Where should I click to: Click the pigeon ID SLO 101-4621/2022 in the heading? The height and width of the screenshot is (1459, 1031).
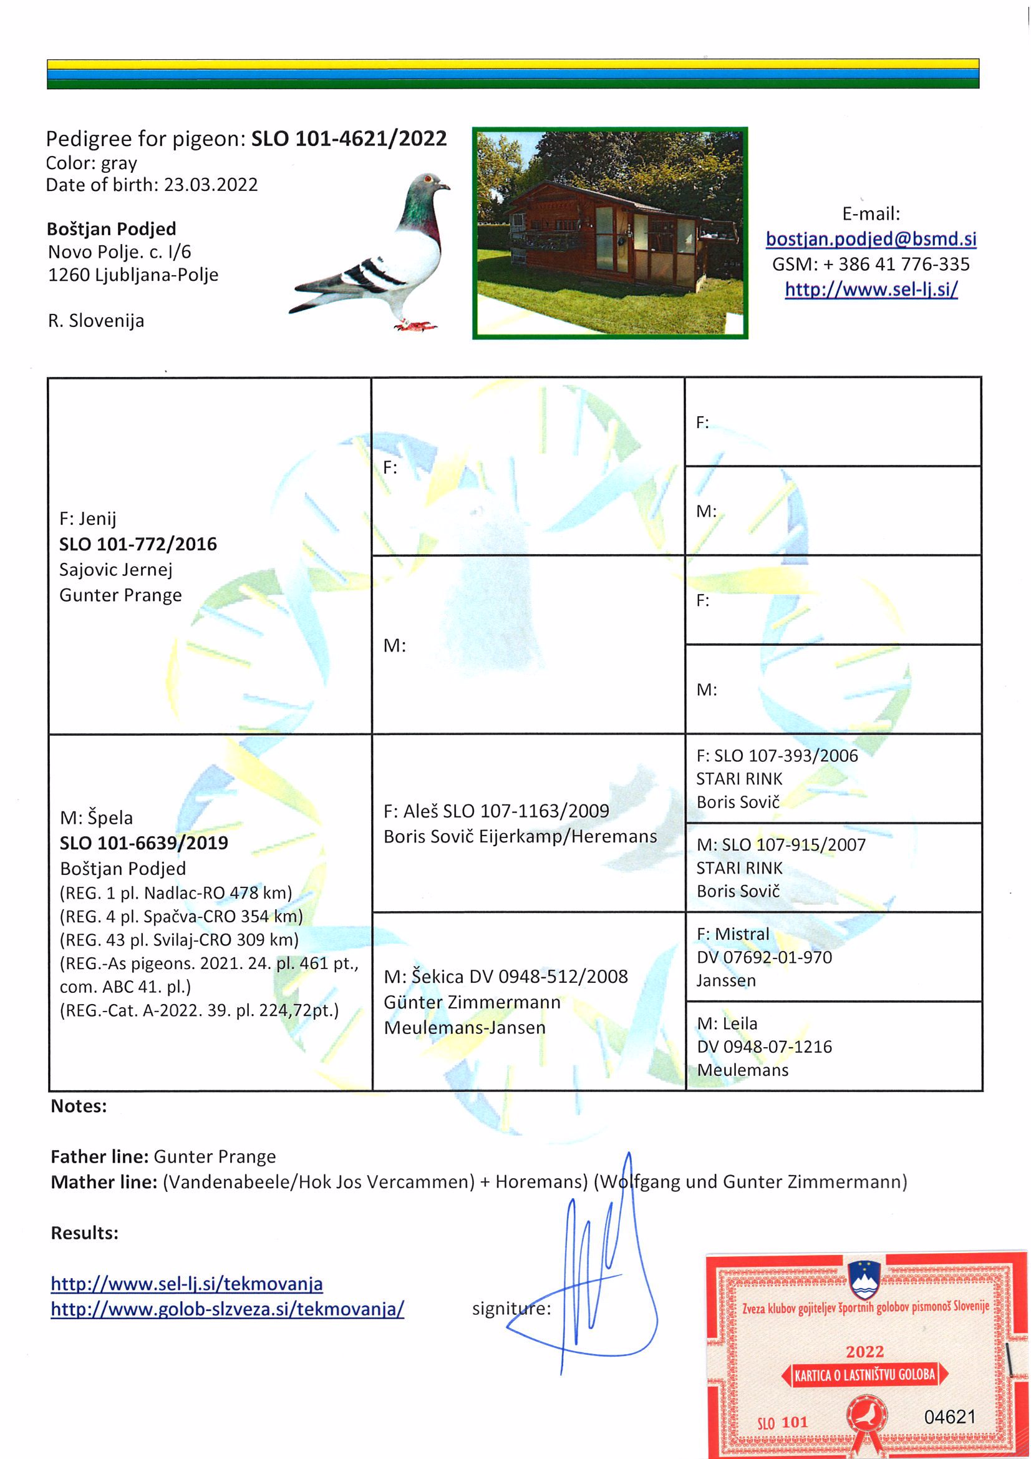coord(349,139)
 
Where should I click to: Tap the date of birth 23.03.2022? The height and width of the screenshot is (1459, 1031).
coord(210,185)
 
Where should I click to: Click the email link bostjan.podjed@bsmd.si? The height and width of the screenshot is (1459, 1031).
coord(870,239)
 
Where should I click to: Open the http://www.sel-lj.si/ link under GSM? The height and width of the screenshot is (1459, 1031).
coord(870,290)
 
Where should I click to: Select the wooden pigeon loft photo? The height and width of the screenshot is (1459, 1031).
coord(610,233)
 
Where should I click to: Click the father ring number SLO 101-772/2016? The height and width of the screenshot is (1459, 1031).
coord(138,544)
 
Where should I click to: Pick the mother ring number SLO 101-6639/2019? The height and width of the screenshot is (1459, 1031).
coord(143,842)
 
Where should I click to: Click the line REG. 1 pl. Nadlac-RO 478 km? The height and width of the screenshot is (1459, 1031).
coord(176,893)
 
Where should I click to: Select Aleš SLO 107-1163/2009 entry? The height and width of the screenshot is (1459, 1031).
coord(496,811)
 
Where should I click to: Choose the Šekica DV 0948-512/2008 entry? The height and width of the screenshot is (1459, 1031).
coord(506,976)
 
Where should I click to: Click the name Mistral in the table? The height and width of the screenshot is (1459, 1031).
coord(742,934)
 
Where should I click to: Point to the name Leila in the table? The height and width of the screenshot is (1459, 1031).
coord(740,1023)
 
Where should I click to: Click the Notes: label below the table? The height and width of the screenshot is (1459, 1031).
coord(79,1106)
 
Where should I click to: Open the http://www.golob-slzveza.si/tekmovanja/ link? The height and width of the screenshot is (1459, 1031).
coord(227,1309)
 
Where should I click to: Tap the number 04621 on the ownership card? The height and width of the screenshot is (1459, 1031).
coord(949,1417)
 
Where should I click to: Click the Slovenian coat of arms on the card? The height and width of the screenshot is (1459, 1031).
coord(864,1281)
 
